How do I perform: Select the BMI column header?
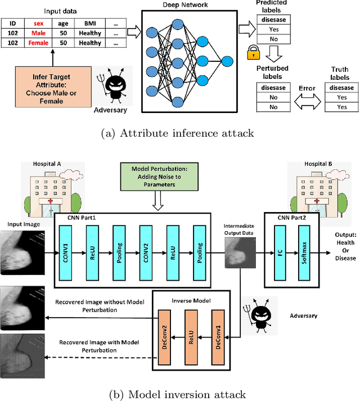[x=90, y=24]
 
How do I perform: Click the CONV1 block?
[x=66, y=246]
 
